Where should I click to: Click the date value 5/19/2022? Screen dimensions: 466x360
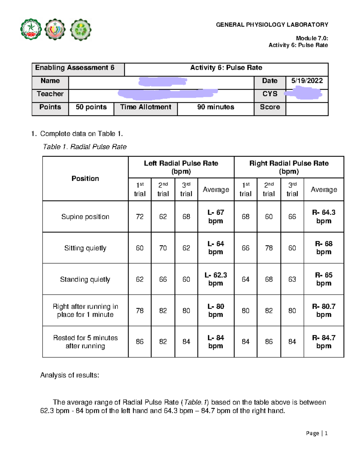tap(307, 81)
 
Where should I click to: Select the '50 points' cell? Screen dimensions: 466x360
tap(91, 107)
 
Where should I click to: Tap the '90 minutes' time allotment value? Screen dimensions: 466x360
tap(215, 107)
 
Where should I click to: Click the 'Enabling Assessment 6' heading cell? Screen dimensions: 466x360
tap(75, 68)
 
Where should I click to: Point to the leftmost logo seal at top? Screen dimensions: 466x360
tap(31, 29)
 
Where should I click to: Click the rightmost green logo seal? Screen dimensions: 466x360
tap(81, 30)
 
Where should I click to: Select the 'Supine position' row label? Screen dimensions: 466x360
tap(85, 217)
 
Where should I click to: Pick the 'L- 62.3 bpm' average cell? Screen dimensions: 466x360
tap(216, 279)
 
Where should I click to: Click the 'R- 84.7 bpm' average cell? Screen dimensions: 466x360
tap(324, 342)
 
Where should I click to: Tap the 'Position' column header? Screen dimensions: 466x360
tap(85, 179)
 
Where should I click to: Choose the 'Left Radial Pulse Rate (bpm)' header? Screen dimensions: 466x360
tap(181, 167)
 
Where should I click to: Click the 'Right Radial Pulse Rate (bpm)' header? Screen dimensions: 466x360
tap(289, 167)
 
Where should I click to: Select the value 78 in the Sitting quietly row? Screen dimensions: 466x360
tap(269, 248)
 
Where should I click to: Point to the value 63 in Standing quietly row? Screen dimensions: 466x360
tap(292, 279)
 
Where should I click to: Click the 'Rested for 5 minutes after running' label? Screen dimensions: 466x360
tap(85, 342)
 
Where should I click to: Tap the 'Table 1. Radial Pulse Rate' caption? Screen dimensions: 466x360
tap(85, 147)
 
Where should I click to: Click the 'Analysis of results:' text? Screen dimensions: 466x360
tap(70, 375)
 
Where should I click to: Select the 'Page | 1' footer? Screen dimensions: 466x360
tap(316, 433)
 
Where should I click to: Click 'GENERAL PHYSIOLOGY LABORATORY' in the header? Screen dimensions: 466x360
tap(272, 25)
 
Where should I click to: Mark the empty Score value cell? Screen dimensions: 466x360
tap(307, 109)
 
